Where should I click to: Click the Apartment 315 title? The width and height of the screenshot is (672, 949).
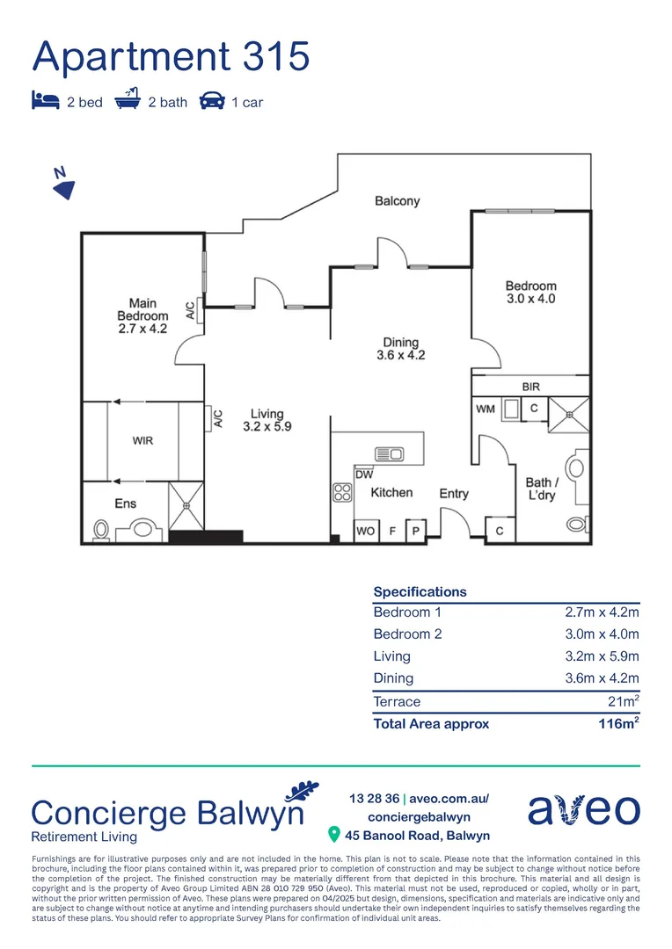click(x=171, y=56)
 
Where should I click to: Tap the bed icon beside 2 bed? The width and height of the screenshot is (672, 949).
click(x=45, y=101)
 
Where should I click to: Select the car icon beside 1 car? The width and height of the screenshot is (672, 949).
click(x=211, y=101)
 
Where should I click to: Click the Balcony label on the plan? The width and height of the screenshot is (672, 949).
click(x=397, y=201)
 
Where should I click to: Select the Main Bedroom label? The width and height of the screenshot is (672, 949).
click(x=142, y=315)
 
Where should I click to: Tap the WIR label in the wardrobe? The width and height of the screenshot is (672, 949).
click(x=142, y=440)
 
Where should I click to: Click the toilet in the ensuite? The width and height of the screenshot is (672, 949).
click(x=101, y=530)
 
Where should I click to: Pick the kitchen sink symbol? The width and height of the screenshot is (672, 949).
click(x=388, y=454)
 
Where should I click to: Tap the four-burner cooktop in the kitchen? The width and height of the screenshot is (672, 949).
click(x=342, y=493)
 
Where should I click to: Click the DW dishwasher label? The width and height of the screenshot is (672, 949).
click(x=364, y=474)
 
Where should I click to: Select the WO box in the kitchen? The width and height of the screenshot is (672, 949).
click(x=365, y=532)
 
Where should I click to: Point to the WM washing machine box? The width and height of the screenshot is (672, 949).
click(x=486, y=409)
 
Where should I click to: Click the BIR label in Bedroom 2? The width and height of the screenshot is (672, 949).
click(x=530, y=386)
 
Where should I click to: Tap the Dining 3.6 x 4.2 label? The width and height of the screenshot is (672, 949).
click(x=400, y=349)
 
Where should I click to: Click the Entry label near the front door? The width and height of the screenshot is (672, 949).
click(x=454, y=494)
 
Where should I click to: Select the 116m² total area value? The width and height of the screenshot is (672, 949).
click(x=617, y=724)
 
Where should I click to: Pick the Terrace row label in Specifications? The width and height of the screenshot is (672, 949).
click(x=397, y=701)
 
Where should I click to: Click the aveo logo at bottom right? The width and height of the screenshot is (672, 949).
click(x=583, y=809)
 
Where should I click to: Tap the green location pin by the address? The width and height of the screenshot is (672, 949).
click(x=333, y=834)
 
